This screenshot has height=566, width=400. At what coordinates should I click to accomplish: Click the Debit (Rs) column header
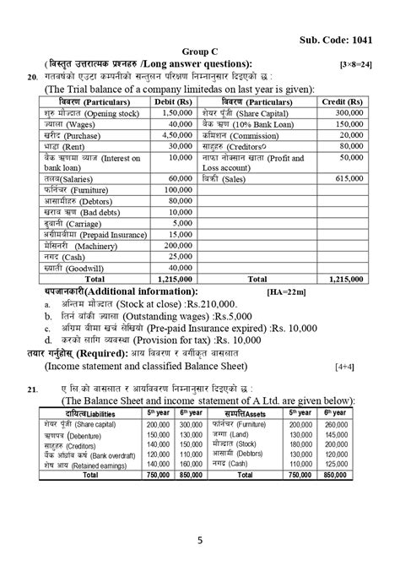pyautogui.click(x=174, y=101)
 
